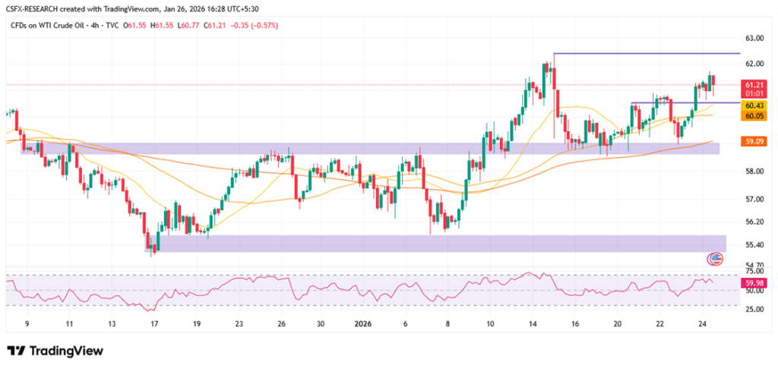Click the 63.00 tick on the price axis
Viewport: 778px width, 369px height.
tap(754, 38)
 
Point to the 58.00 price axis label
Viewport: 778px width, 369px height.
tap(754, 172)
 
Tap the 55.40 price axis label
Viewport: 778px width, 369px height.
tap(754, 244)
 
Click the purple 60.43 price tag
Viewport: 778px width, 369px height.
tap(754, 106)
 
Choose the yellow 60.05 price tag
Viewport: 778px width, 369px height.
tap(754, 115)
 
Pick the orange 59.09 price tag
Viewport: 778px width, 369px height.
tap(754, 141)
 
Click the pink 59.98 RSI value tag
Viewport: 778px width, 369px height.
tap(754, 283)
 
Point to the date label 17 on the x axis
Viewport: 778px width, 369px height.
tap(154, 323)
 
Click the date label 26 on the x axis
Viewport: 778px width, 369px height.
tap(281, 323)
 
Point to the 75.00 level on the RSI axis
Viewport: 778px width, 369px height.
tap(754, 270)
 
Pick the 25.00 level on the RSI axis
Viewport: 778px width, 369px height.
tap(754, 310)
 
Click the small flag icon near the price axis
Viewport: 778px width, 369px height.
tap(714, 259)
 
